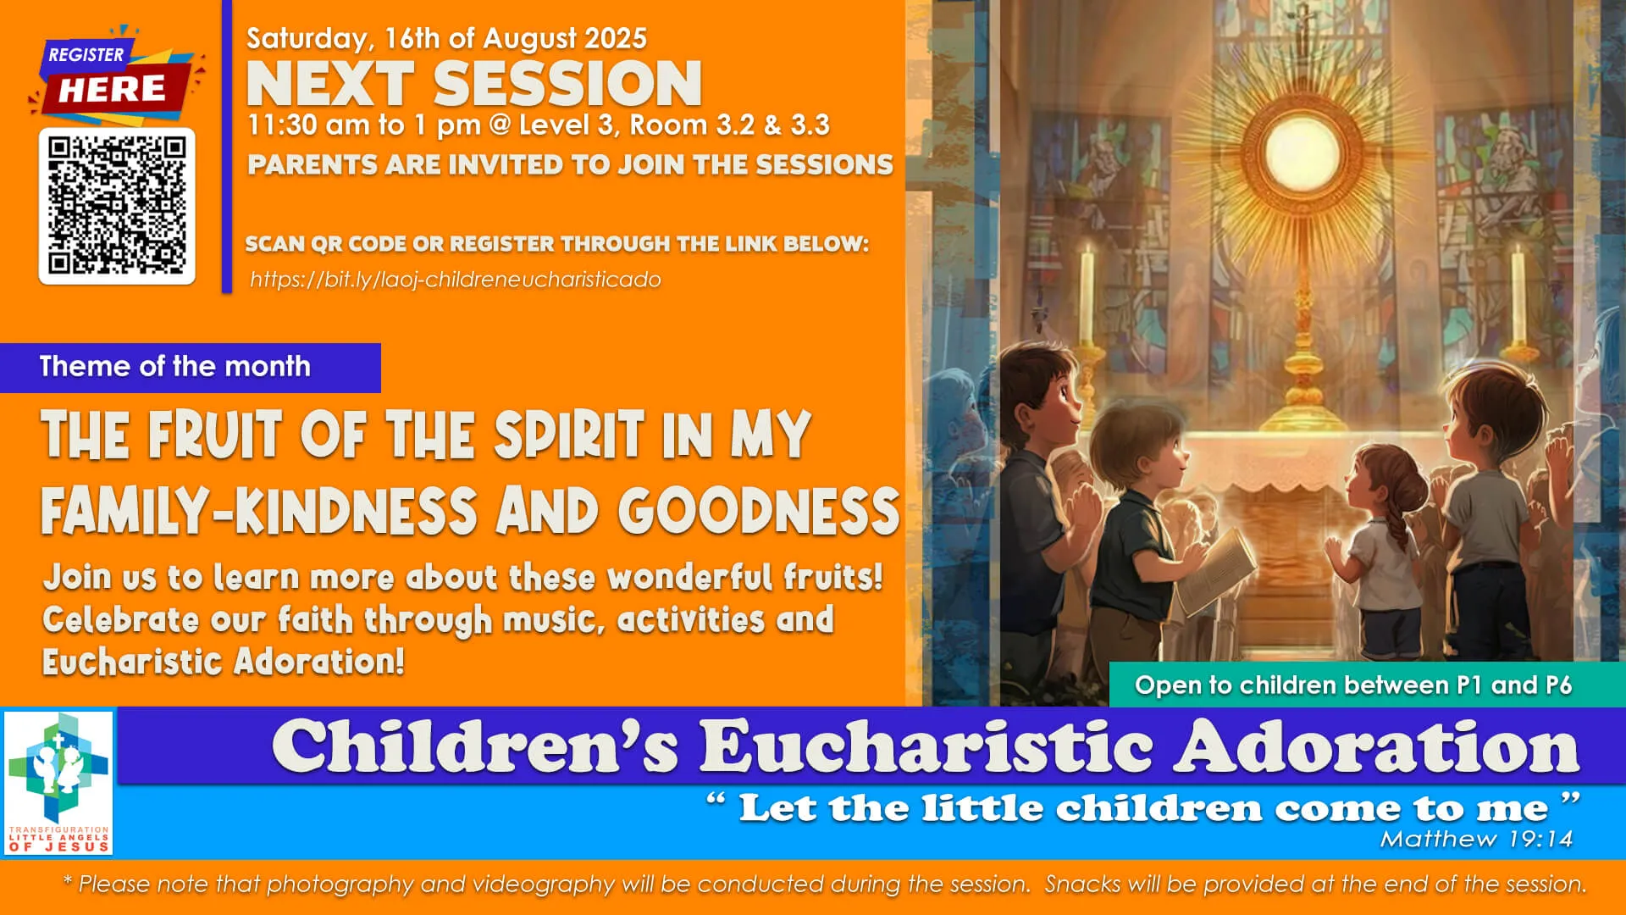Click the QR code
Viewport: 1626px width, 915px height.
(117, 206)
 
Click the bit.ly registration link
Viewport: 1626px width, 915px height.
(455, 280)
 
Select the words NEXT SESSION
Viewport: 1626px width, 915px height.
(473, 84)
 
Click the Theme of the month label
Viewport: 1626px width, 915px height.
(175, 367)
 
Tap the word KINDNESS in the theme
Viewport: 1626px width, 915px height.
(356, 511)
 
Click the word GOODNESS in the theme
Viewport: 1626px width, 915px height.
(758, 511)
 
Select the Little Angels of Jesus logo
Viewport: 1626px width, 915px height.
(58, 782)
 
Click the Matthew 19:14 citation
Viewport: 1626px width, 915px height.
(1476, 839)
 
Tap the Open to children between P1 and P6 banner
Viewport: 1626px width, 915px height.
(1352, 685)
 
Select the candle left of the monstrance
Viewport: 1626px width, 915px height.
(1087, 293)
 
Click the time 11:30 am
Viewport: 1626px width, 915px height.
(310, 125)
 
